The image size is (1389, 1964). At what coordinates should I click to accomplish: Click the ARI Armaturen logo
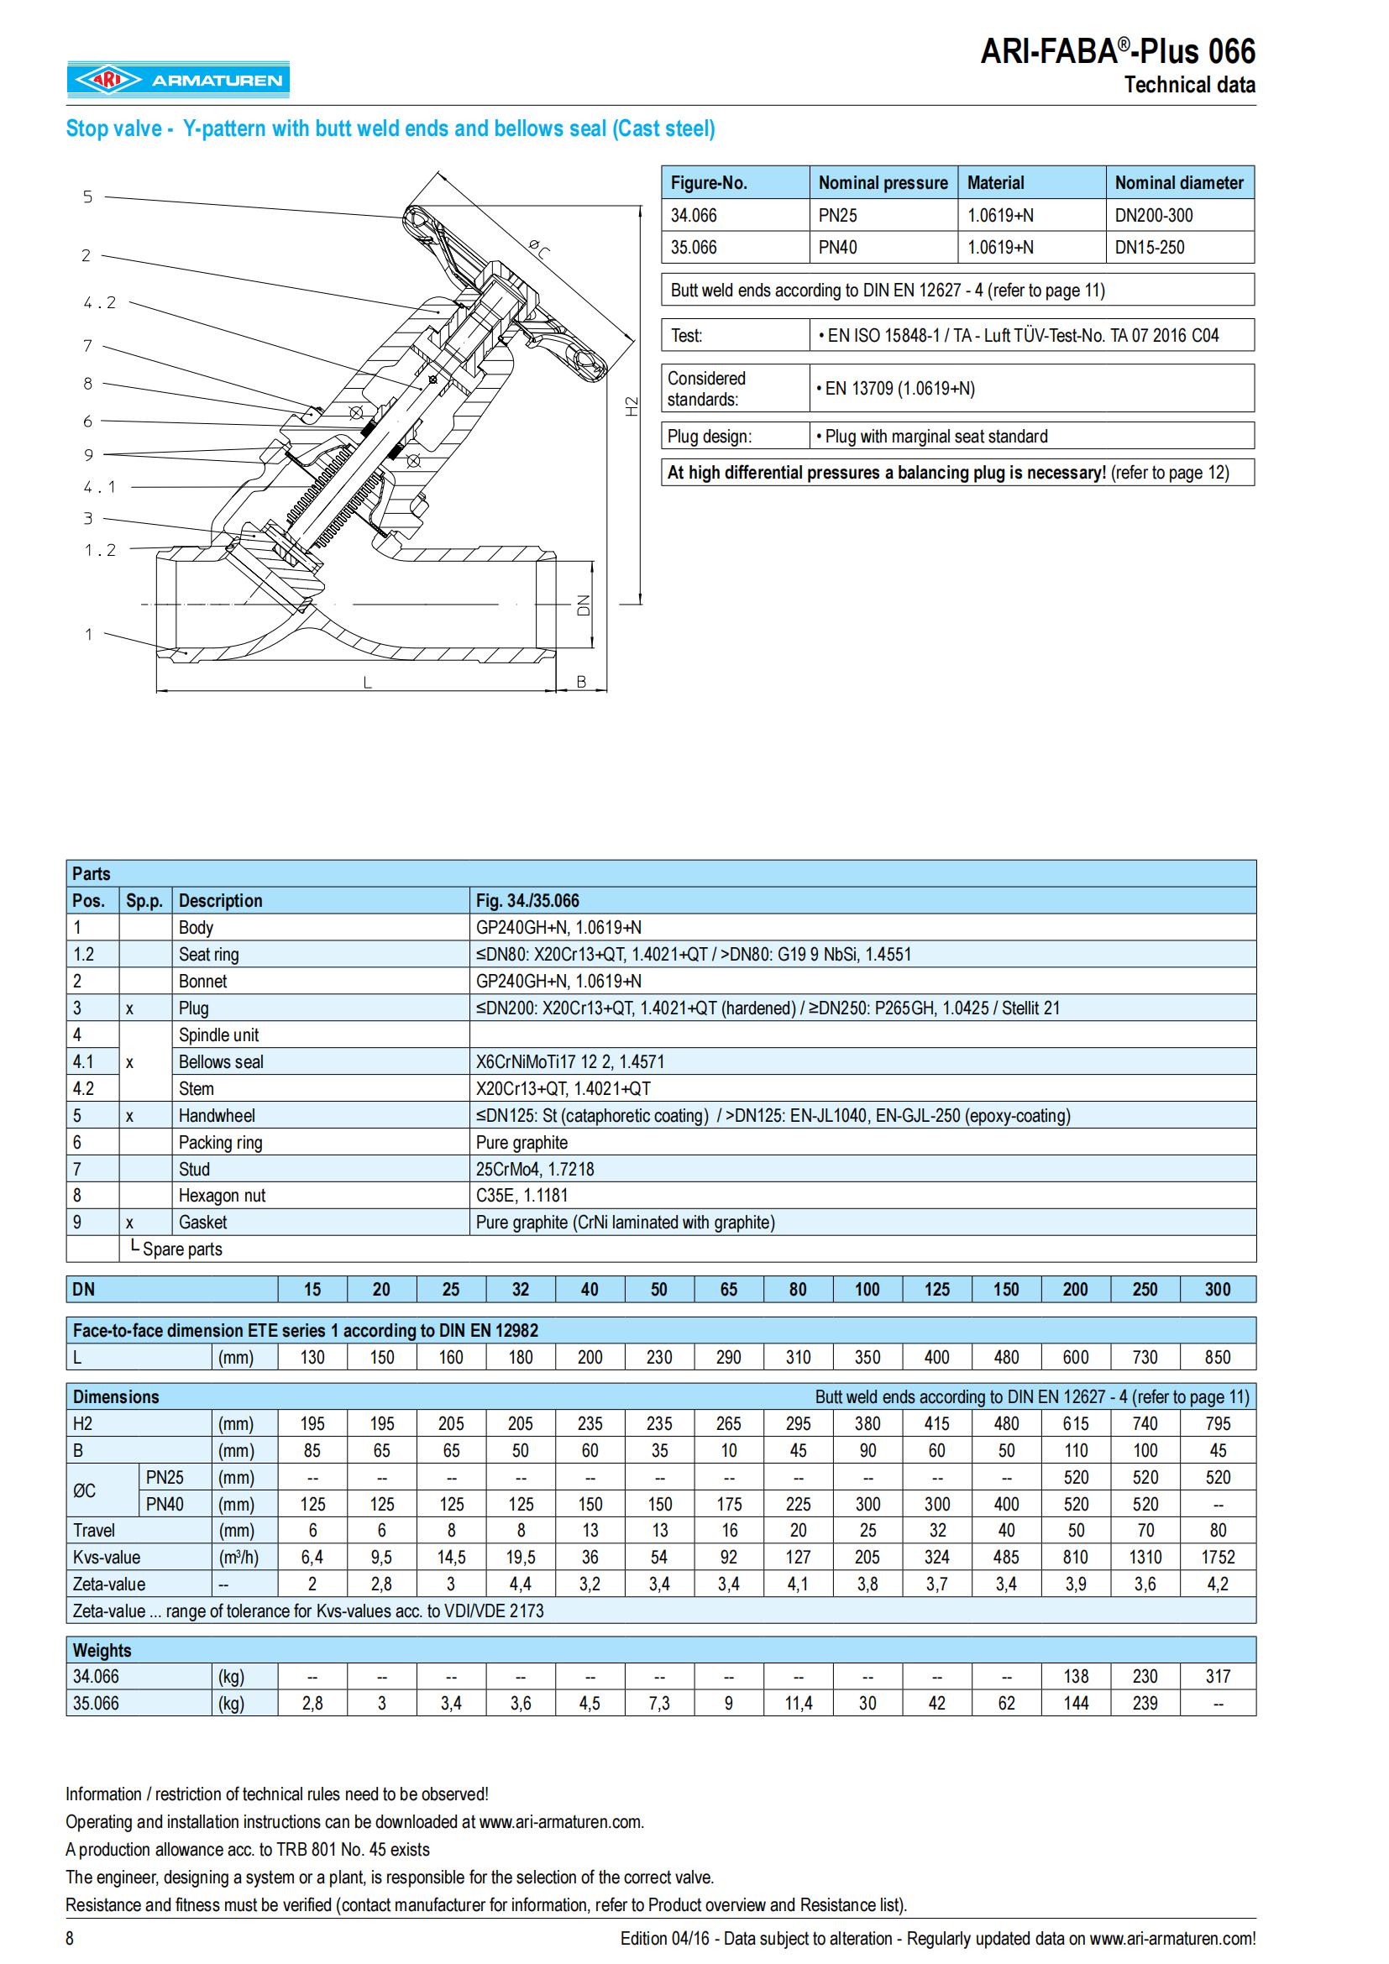tap(179, 80)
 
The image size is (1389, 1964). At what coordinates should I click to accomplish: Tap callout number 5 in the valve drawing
tap(87, 196)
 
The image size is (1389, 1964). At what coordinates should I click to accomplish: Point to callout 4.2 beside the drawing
tap(99, 302)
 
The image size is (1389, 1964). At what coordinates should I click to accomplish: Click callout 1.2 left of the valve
tap(99, 550)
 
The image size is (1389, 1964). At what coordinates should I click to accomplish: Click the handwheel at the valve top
tap(505, 291)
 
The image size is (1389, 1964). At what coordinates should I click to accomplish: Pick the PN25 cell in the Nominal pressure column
tap(837, 216)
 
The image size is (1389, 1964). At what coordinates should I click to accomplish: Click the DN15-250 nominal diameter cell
tap(1150, 247)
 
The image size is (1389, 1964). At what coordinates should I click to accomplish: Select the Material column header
tap(996, 182)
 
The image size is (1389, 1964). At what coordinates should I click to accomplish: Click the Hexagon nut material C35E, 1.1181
tap(522, 1195)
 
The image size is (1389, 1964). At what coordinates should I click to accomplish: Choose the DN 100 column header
tap(867, 1289)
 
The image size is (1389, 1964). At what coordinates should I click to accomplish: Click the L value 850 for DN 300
tap(1217, 1357)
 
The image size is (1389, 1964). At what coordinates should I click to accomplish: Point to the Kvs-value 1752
tap(1217, 1557)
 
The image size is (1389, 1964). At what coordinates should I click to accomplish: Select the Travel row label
tap(94, 1531)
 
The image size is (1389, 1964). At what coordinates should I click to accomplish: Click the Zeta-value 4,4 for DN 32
tap(520, 1584)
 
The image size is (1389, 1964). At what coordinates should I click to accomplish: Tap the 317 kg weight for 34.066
tap(1217, 1676)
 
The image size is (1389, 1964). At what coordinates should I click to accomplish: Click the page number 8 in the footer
tap(71, 1938)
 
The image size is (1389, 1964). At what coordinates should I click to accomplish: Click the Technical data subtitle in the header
tap(1189, 85)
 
